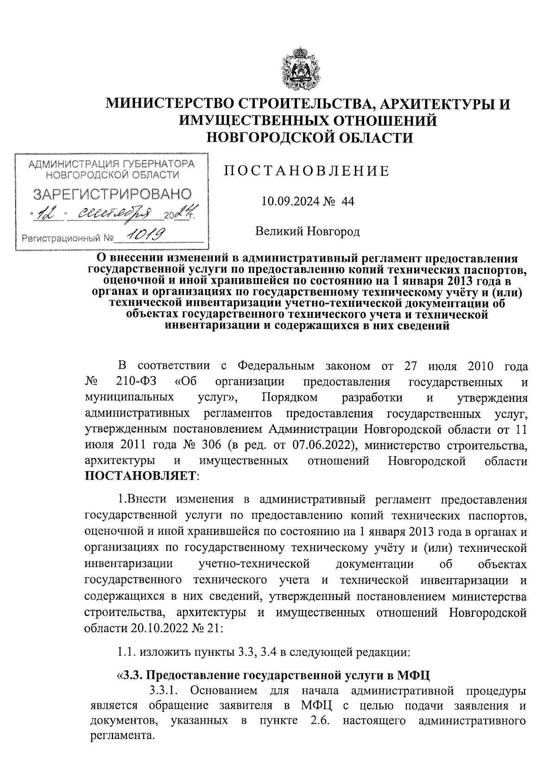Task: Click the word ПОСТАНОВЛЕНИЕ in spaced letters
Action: [307, 171]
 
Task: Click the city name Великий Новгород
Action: [308, 231]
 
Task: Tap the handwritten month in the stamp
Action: [118, 214]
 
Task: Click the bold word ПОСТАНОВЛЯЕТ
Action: [141, 475]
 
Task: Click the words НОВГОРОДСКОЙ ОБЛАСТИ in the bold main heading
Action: [309, 138]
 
